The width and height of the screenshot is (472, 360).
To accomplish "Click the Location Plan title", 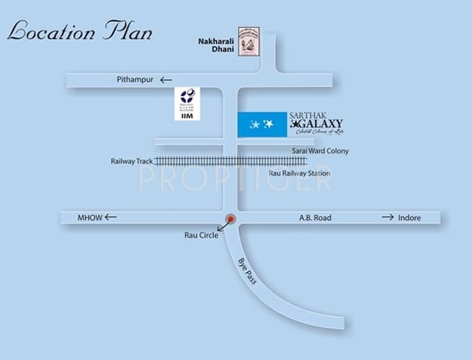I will coord(79,32).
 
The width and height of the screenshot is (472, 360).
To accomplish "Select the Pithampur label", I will coord(134,79).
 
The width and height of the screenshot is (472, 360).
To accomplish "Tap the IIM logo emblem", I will coord(186,97).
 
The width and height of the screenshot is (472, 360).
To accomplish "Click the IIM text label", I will coord(186,116).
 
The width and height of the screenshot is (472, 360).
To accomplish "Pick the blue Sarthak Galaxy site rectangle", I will coord(263,124).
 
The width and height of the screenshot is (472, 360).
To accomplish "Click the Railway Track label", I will coord(131,160).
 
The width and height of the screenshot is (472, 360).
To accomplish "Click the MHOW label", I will coord(88,217).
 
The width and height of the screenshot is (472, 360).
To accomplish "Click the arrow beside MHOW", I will coord(111,217).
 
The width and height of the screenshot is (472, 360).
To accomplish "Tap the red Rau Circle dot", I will coord(231,218).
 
